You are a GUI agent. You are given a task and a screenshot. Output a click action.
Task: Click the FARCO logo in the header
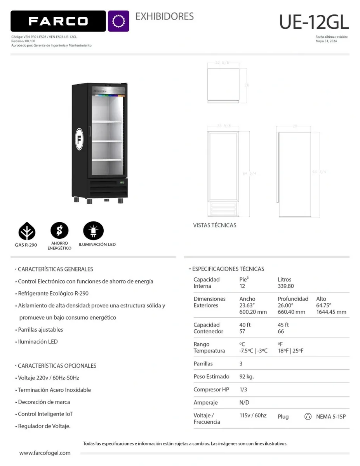(x=58, y=21)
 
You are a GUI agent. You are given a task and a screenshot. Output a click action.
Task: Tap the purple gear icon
(x=118, y=21)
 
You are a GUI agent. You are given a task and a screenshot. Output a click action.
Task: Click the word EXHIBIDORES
(x=164, y=16)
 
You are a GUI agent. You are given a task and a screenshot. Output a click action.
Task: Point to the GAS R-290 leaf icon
(x=27, y=232)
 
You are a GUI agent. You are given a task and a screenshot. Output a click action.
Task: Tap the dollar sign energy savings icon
(x=59, y=231)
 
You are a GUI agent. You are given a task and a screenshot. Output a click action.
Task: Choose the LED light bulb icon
(x=93, y=231)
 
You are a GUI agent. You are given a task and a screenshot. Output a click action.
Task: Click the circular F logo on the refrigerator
(x=79, y=139)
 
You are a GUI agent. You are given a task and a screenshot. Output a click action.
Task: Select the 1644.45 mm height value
(x=331, y=312)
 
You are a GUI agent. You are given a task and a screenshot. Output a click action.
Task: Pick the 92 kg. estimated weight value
(x=247, y=376)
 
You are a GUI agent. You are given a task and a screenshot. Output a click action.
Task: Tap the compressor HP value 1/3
(x=243, y=389)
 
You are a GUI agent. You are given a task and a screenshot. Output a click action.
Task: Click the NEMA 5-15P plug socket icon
(x=308, y=417)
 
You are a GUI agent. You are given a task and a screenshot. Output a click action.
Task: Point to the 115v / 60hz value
(x=253, y=415)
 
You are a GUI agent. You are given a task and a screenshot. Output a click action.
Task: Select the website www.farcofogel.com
(x=45, y=453)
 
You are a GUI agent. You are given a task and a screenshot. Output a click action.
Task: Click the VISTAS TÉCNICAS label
(x=215, y=225)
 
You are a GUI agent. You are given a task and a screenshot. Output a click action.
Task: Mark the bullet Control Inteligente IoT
(x=45, y=414)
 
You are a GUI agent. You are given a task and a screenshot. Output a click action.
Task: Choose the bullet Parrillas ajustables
(x=40, y=330)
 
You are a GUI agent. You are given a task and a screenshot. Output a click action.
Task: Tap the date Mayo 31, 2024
(x=326, y=41)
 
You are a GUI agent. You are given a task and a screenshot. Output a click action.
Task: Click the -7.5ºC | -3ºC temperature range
(x=253, y=351)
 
